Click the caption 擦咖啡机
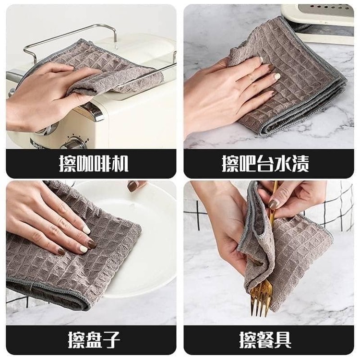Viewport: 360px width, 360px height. click(94, 164)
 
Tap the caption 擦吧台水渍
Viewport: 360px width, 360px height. click(265, 164)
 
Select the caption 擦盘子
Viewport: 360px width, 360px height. click(94, 340)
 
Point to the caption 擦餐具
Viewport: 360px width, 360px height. click(265, 340)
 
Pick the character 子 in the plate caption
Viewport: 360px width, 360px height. click(111, 340)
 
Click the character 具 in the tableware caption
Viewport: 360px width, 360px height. click(283, 340)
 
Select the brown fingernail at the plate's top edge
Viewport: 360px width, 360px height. click(133, 186)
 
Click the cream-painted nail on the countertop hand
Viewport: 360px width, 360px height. click(277, 76)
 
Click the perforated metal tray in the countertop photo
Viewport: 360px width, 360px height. click(326, 11)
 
